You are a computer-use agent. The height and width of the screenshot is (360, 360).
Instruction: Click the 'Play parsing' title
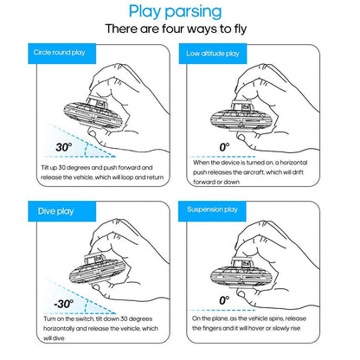(180, 11)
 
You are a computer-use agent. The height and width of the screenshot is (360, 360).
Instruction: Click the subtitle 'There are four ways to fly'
(180, 29)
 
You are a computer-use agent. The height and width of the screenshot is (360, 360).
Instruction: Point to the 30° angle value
(40, 146)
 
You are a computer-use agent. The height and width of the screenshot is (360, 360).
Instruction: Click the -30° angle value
(38, 304)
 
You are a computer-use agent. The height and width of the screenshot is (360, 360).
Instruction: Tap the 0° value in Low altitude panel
(223, 147)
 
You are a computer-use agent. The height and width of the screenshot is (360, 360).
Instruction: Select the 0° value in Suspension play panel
(223, 301)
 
